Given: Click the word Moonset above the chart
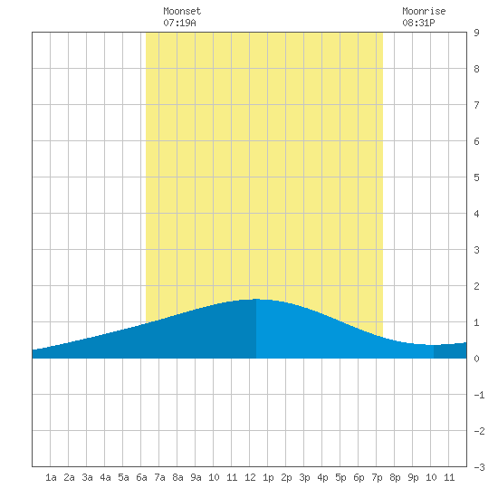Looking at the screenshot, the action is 182,11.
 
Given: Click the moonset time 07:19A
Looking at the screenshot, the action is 179,23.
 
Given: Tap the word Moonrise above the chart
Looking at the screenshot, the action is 424,11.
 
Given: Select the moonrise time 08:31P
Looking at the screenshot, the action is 418,23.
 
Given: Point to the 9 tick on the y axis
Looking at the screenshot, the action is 476,33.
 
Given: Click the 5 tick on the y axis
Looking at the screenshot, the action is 476,177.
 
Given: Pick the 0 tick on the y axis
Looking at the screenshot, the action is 476,359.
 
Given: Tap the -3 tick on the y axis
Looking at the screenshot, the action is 479,467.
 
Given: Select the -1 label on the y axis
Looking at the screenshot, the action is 479,395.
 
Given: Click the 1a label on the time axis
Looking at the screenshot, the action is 51,477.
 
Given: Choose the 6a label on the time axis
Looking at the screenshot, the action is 141,477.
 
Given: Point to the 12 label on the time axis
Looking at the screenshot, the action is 250,477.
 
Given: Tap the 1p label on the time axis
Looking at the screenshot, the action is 268,477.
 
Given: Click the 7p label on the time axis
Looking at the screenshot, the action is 377,477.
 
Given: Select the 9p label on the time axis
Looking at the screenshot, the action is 413,477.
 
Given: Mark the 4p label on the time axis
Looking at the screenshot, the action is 322,477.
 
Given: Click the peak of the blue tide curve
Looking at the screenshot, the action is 256,299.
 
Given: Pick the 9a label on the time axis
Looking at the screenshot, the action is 196,477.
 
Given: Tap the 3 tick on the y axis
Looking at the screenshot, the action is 476,250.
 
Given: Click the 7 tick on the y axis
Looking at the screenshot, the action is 476,105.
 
